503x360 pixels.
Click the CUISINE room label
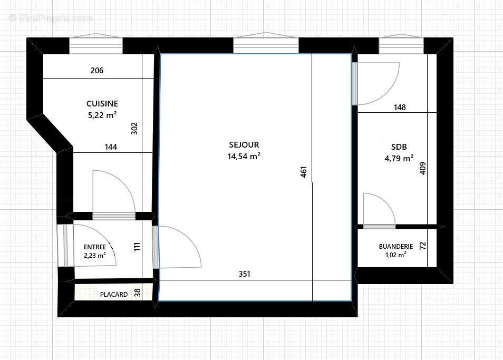pyautogui.click(x=102, y=104)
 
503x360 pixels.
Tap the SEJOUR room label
pyautogui.click(x=244, y=144)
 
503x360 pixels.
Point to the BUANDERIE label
pyautogui.click(x=395, y=246)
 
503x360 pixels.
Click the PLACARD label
pyautogui.click(x=114, y=295)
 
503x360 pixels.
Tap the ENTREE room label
pyautogui.click(x=95, y=247)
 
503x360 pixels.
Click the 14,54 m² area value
pyautogui.click(x=244, y=156)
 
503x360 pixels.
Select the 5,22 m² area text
pyautogui.click(x=102, y=115)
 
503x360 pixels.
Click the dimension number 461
pyautogui.click(x=304, y=173)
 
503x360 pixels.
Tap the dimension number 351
pyautogui.click(x=245, y=274)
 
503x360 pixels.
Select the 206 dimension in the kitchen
pyautogui.click(x=97, y=70)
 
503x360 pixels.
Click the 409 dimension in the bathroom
pyautogui.click(x=422, y=168)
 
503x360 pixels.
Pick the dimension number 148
pyautogui.click(x=400, y=108)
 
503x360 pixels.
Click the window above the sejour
pyautogui.click(x=266, y=45)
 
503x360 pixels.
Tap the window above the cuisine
pyautogui.click(x=96, y=45)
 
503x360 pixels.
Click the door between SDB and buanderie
pyautogui.click(x=379, y=211)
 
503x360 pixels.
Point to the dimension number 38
pyautogui.click(x=138, y=293)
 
